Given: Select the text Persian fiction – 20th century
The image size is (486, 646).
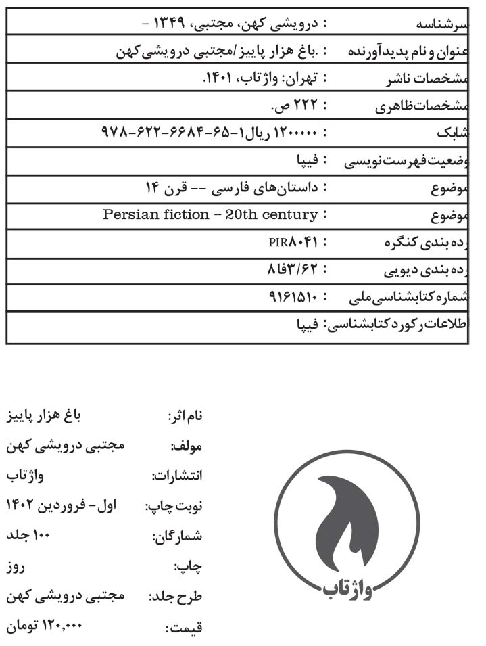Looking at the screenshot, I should pyautogui.click(x=210, y=214).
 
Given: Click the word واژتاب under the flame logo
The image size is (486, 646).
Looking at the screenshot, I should pyautogui.click(x=347, y=591).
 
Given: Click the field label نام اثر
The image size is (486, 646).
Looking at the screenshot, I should pyautogui.click(x=184, y=417).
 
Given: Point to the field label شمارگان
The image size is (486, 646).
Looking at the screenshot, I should pyautogui.click(x=177, y=538).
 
